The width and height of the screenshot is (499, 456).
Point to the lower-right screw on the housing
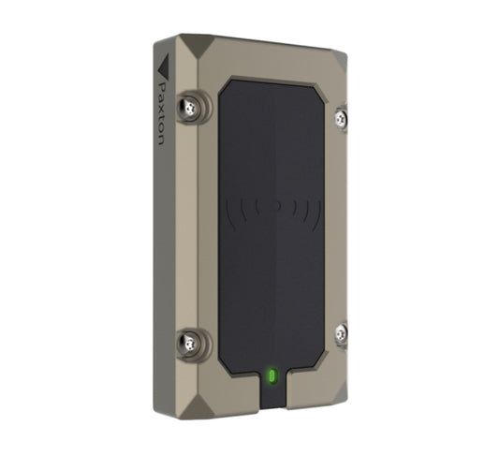(341, 332)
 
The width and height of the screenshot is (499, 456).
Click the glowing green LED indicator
(272, 376)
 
